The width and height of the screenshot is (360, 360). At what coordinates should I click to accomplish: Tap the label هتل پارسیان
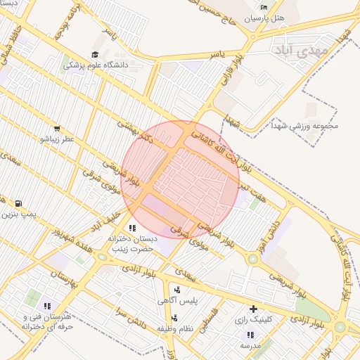point(264,18)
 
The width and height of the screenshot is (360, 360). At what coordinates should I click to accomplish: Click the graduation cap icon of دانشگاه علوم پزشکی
point(95,55)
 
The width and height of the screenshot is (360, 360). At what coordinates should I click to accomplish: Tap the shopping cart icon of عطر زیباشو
point(56,129)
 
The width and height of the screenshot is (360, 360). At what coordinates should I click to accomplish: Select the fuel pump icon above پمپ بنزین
point(18,203)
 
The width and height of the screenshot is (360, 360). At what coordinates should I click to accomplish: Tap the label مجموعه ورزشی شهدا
point(305,127)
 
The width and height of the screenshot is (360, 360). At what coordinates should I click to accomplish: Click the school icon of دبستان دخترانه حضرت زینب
point(132,228)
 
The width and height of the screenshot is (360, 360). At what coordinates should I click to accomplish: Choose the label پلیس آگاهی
point(190,300)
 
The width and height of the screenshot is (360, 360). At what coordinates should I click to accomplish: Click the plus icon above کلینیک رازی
point(253,308)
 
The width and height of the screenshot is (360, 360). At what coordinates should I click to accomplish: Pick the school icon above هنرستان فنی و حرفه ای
point(47,306)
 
